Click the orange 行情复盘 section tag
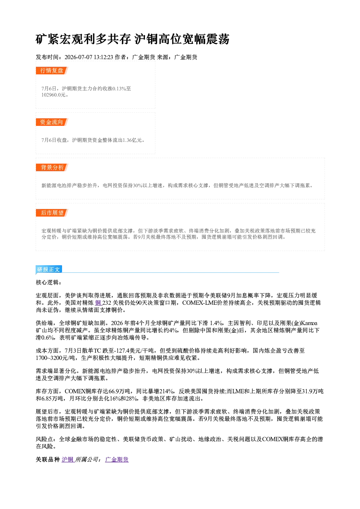click(52, 71)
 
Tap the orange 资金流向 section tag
click(52, 122)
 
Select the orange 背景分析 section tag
click(52, 168)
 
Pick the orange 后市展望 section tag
click(52, 213)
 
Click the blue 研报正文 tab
click(49, 269)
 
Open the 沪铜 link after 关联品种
click(67, 459)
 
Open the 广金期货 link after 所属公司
click(117, 459)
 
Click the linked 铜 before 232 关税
click(98, 303)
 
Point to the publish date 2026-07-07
click(78, 57)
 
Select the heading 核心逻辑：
click(49, 283)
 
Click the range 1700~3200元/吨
click(55, 358)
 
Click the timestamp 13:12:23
click(103, 57)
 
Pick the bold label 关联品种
click(48, 459)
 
